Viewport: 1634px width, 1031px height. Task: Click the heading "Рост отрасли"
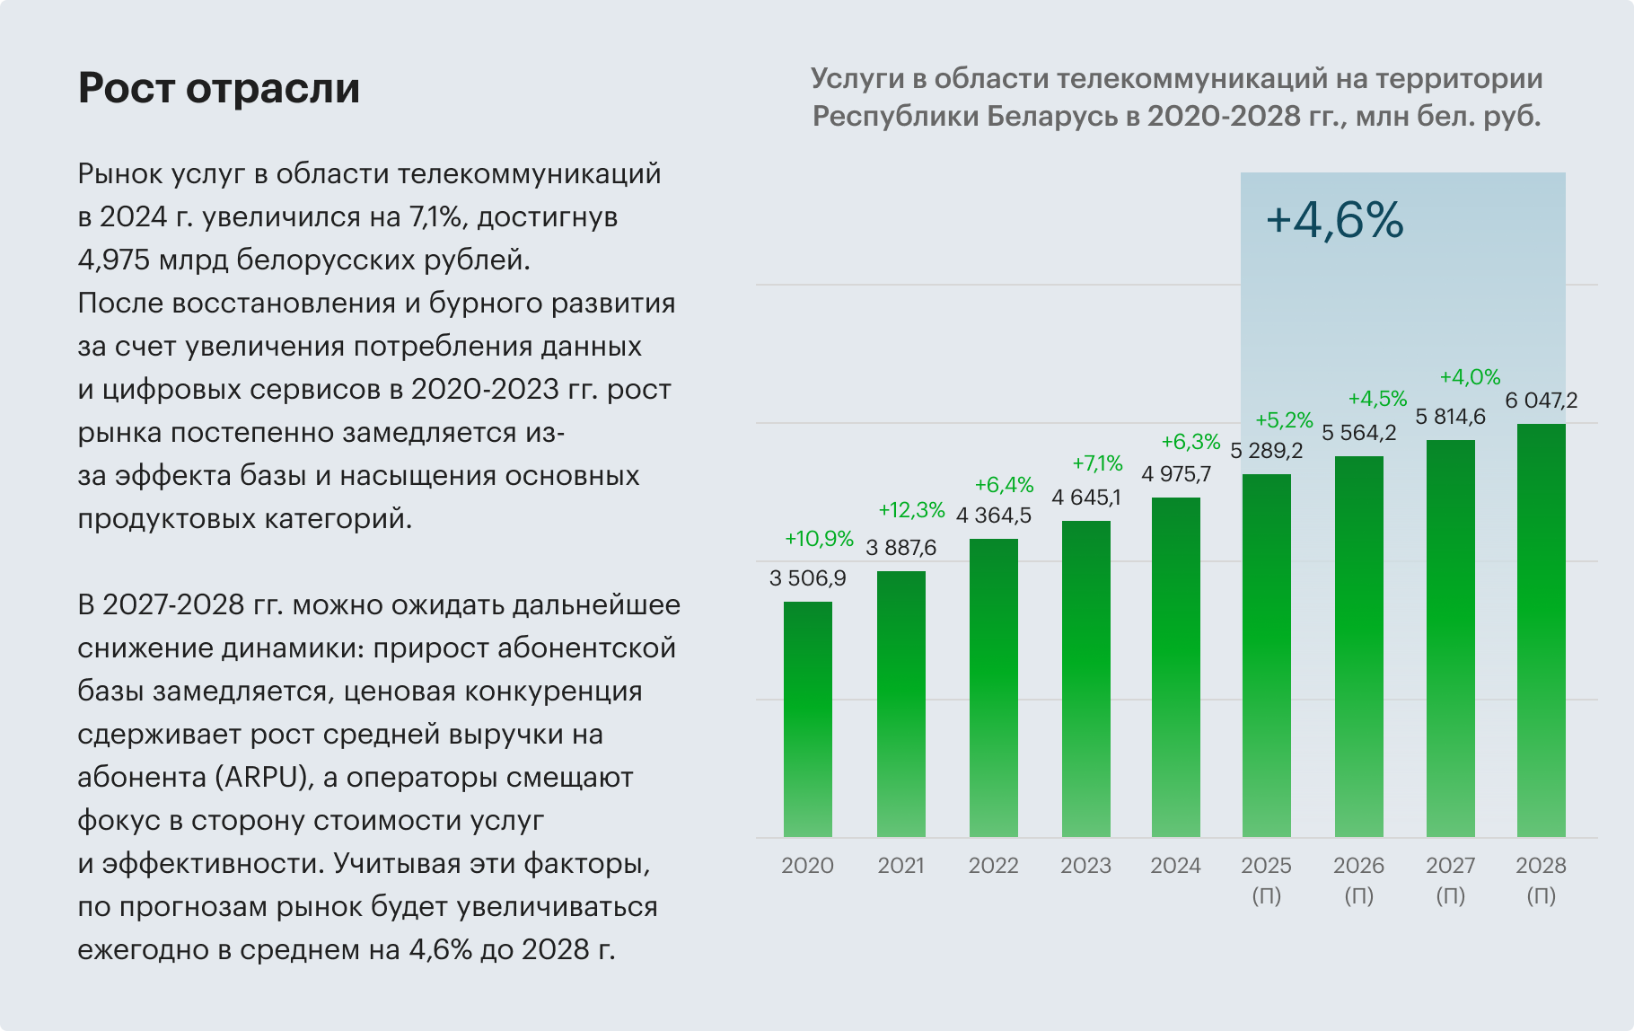click(x=219, y=88)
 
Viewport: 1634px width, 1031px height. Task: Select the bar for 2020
click(x=808, y=718)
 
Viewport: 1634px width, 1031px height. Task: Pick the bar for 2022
click(x=994, y=688)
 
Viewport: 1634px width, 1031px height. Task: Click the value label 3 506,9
click(x=808, y=578)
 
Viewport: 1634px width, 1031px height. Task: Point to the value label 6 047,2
click(x=1541, y=401)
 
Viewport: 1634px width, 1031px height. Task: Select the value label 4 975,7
click(x=1176, y=474)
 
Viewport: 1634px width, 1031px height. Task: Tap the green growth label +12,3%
click(x=911, y=510)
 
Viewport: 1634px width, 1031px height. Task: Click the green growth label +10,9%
click(x=819, y=539)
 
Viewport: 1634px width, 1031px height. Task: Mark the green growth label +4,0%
click(x=1470, y=377)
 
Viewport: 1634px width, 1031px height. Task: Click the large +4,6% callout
click(x=1334, y=221)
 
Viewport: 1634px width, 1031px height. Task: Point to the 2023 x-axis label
click(x=1085, y=866)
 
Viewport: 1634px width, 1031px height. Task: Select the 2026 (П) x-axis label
click(x=1358, y=879)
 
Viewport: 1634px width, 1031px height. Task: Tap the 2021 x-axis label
click(x=900, y=866)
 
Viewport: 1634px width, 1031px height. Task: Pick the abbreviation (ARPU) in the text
click(x=263, y=778)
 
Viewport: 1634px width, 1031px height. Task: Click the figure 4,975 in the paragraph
click(x=114, y=260)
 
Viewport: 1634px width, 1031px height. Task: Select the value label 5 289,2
click(x=1266, y=451)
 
